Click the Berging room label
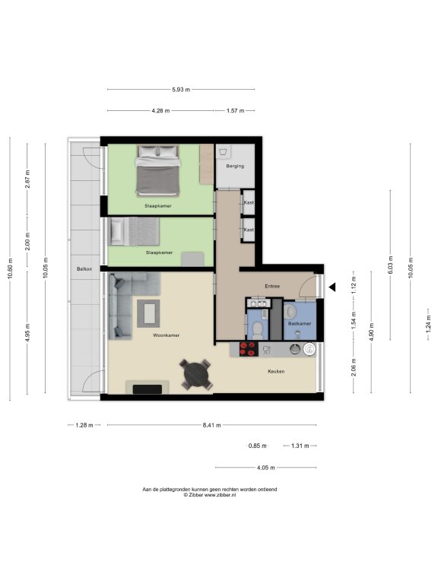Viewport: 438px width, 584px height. point(235,166)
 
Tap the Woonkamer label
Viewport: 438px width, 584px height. point(166,335)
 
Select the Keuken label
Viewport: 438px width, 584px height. point(276,371)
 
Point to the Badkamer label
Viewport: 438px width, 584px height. point(300,324)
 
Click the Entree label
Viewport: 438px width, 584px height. point(272,287)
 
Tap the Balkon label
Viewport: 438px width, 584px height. point(84,268)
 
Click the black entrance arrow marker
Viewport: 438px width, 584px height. point(332,287)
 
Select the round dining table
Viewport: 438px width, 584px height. point(196,374)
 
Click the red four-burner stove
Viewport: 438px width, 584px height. point(249,349)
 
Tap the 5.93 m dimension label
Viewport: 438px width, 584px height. point(181,90)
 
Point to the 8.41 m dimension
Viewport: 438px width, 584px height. point(211,425)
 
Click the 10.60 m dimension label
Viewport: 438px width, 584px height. point(10,268)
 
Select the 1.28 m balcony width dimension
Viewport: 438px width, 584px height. point(84,425)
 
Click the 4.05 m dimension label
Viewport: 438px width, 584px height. point(266,468)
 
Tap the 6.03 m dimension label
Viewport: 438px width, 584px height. point(390,265)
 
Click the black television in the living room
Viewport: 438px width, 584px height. point(148,389)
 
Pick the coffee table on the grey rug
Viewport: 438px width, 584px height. point(148,313)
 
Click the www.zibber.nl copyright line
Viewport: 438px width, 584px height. point(210,495)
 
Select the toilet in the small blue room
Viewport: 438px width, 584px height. point(257,329)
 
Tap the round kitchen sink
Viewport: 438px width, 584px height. point(294,349)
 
